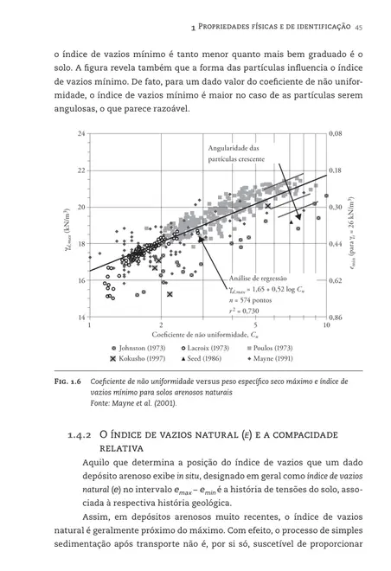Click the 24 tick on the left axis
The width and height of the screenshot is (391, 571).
(81, 134)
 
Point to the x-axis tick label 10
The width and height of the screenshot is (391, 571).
(325, 326)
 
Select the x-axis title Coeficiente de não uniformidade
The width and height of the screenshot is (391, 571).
(202, 335)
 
